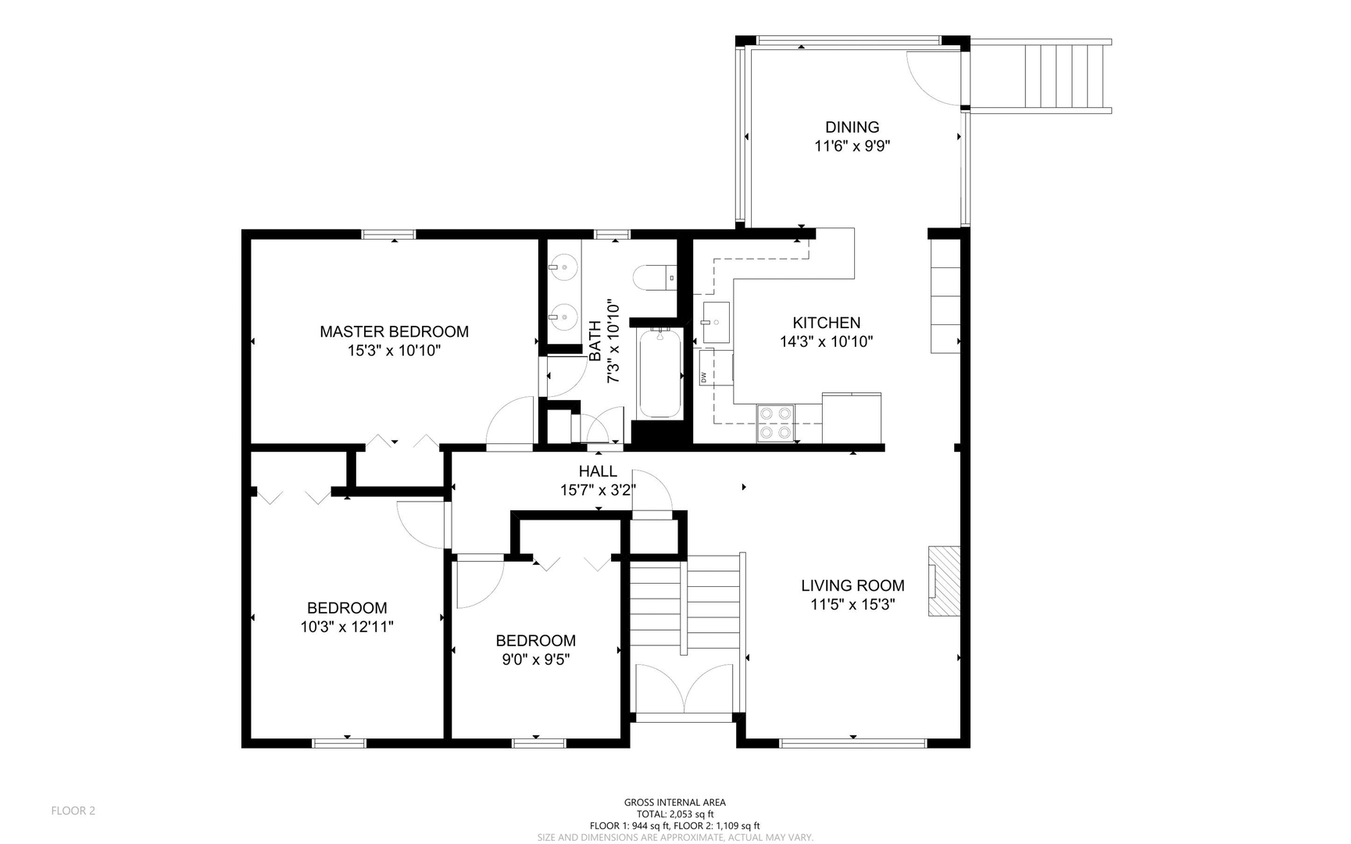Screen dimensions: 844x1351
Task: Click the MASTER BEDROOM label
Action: pyautogui.click(x=394, y=331)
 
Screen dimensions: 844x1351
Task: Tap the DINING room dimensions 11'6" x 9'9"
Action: pyautogui.click(x=852, y=145)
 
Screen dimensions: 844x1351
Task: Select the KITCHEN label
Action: pyautogui.click(x=826, y=322)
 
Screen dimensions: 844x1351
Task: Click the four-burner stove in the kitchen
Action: pyautogui.click(x=775, y=423)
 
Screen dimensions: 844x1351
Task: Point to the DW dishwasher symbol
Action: pyautogui.click(x=704, y=377)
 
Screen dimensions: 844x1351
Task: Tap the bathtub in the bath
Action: pyautogui.click(x=659, y=374)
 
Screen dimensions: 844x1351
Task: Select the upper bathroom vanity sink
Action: pyautogui.click(x=563, y=267)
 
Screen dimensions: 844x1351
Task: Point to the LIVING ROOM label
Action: pyautogui.click(x=852, y=585)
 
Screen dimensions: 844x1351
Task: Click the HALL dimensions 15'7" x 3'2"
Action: pyautogui.click(x=598, y=490)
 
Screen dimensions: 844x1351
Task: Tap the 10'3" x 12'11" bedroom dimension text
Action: pyautogui.click(x=346, y=627)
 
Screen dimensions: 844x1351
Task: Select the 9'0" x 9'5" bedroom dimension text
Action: pyautogui.click(x=535, y=660)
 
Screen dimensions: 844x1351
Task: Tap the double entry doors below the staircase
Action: pyautogui.click(x=684, y=688)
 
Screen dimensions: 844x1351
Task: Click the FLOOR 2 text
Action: pyautogui.click(x=73, y=810)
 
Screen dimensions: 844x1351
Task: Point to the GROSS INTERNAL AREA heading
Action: pyautogui.click(x=674, y=802)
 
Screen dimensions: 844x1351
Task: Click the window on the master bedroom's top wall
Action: pyautogui.click(x=388, y=234)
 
